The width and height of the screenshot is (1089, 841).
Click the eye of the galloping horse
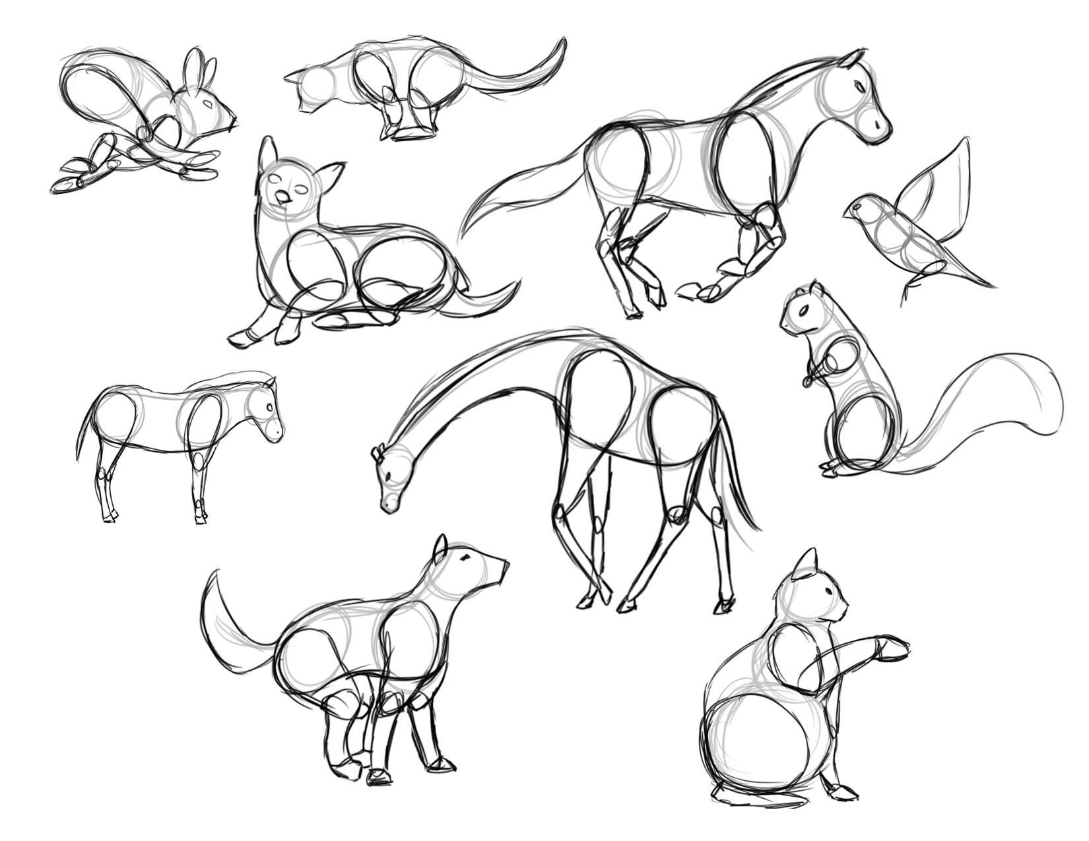point(859,86)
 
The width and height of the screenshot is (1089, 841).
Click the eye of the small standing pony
point(269,408)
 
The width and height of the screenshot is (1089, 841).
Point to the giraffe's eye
point(389,476)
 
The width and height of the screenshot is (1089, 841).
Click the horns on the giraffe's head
point(378,454)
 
